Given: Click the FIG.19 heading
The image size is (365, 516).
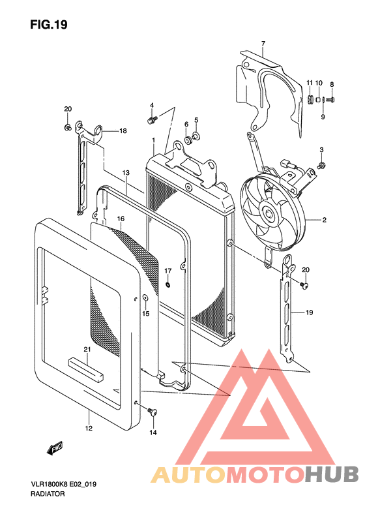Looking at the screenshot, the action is pos(49,24).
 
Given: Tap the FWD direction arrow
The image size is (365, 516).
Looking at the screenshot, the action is pos(55,449).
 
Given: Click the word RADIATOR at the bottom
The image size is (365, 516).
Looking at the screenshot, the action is pos(48,494).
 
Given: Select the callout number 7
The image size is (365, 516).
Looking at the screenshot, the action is pos(263,44).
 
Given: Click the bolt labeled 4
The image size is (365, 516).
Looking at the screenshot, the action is pos(153,119).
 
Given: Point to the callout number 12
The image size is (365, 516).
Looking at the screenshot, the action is pos(89,428).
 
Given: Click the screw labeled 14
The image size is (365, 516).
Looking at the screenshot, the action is pos(153,412).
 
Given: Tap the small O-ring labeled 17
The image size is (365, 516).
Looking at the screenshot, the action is pos(168,284).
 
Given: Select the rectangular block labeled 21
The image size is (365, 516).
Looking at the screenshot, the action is pos(85,370).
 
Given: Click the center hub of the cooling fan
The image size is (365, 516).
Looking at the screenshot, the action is pos(270,214).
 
